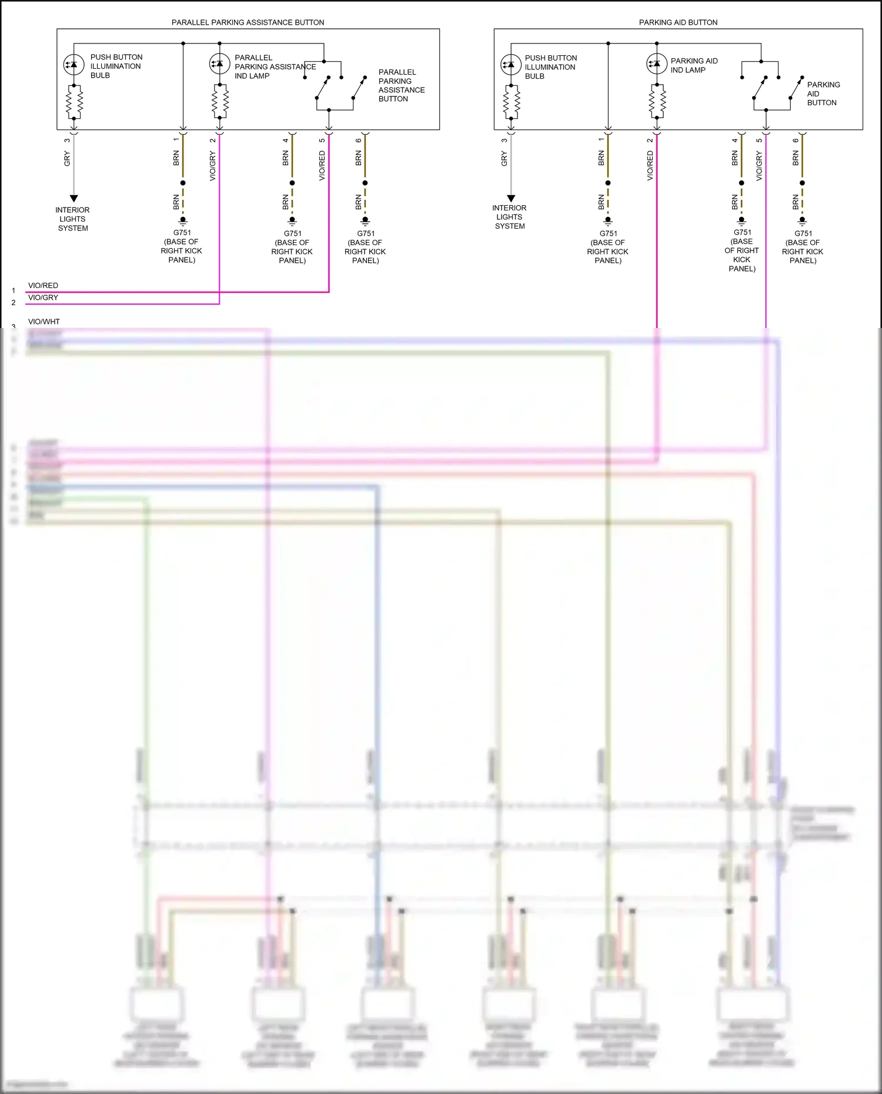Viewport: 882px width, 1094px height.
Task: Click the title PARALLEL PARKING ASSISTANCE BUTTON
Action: [x=248, y=22]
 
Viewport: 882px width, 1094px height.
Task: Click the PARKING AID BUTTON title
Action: [x=678, y=22]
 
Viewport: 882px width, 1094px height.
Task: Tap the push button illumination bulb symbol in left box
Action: [x=73, y=65]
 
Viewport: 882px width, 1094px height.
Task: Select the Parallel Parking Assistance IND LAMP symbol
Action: [x=219, y=63]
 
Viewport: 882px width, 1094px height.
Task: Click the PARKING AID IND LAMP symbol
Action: [x=656, y=63]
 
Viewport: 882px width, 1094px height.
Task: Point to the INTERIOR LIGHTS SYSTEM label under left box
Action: [x=72, y=219]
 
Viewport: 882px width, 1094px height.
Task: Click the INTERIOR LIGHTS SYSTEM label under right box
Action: [x=509, y=217]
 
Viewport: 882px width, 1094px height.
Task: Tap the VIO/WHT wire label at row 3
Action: [x=44, y=322]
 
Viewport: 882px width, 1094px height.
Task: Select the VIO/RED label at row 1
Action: [x=43, y=286]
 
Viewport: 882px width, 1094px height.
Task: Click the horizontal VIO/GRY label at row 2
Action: [x=43, y=297]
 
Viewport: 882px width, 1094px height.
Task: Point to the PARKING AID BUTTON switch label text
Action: [x=823, y=93]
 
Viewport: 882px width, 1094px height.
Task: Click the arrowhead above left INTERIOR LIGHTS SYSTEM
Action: [x=73, y=199]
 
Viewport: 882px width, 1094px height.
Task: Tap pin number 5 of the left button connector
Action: [x=322, y=140]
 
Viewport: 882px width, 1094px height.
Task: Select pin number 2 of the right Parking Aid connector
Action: [x=650, y=140]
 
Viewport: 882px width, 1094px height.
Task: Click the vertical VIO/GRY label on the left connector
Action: [x=212, y=166]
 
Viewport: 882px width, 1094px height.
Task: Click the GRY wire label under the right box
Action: [x=504, y=159]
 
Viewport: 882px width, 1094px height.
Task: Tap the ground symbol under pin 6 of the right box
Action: [x=802, y=222]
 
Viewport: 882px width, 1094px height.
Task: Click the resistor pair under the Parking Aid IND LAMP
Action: [x=657, y=102]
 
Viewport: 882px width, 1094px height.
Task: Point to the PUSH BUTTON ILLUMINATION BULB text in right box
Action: [x=550, y=67]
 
